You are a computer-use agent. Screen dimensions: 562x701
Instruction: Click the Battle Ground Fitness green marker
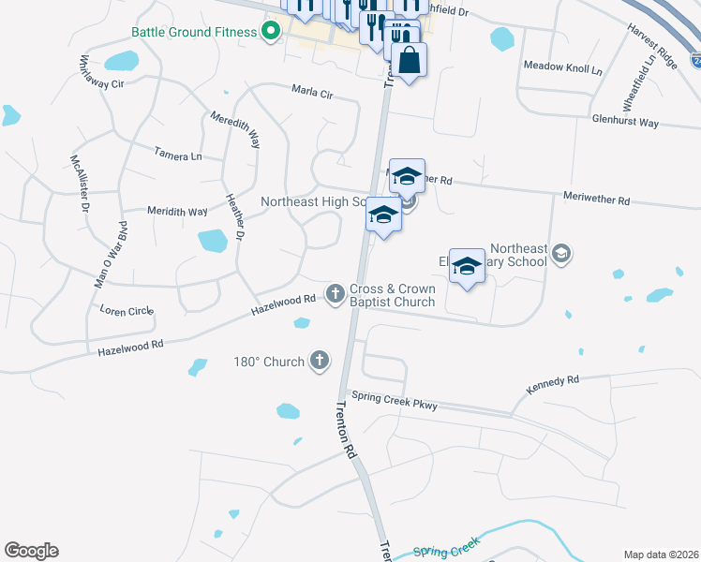pyautogui.click(x=272, y=32)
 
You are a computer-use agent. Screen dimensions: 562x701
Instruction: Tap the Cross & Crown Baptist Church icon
pyautogui.click(x=336, y=294)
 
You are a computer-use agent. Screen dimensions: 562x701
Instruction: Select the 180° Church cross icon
pyautogui.click(x=320, y=360)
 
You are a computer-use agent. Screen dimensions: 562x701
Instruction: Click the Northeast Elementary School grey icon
pyautogui.click(x=560, y=253)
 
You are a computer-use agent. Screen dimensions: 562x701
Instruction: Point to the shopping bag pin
pyautogui.click(x=410, y=62)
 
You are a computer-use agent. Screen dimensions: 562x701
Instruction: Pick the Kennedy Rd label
pyautogui.click(x=553, y=381)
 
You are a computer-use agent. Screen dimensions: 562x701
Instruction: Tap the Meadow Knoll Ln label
pyautogui.click(x=562, y=67)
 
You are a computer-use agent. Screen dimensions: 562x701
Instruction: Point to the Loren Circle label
pyautogui.click(x=126, y=309)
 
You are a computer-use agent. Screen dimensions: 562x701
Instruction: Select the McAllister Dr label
pyautogui.click(x=80, y=185)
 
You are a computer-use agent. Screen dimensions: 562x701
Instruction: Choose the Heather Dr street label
pyautogui.click(x=234, y=218)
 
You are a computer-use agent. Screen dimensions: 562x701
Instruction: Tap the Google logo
pyautogui.click(x=31, y=551)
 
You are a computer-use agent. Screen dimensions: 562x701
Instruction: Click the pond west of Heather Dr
pyautogui.click(x=213, y=241)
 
